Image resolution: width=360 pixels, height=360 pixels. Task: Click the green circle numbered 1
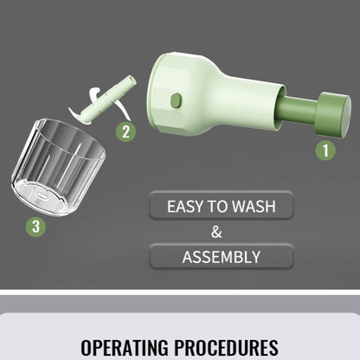click(325, 151)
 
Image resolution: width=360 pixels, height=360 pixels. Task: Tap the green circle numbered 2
click(126, 132)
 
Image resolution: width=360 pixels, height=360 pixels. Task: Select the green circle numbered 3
click(35, 227)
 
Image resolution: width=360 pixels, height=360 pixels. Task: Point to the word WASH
click(254, 207)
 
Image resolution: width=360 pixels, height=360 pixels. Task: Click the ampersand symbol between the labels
click(216, 232)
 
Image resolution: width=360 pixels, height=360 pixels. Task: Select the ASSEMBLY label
click(222, 257)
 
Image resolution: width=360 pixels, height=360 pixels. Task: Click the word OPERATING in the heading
click(125, 347)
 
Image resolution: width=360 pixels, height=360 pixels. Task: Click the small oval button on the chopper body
click(176, 100)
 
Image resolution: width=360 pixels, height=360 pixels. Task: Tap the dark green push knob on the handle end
click(333, 114)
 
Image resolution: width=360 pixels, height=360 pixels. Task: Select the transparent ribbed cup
click(58, 167)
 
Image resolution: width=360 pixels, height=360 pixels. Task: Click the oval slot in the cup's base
click(41, 196)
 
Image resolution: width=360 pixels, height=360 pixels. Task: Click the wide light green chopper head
click(179, 93)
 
